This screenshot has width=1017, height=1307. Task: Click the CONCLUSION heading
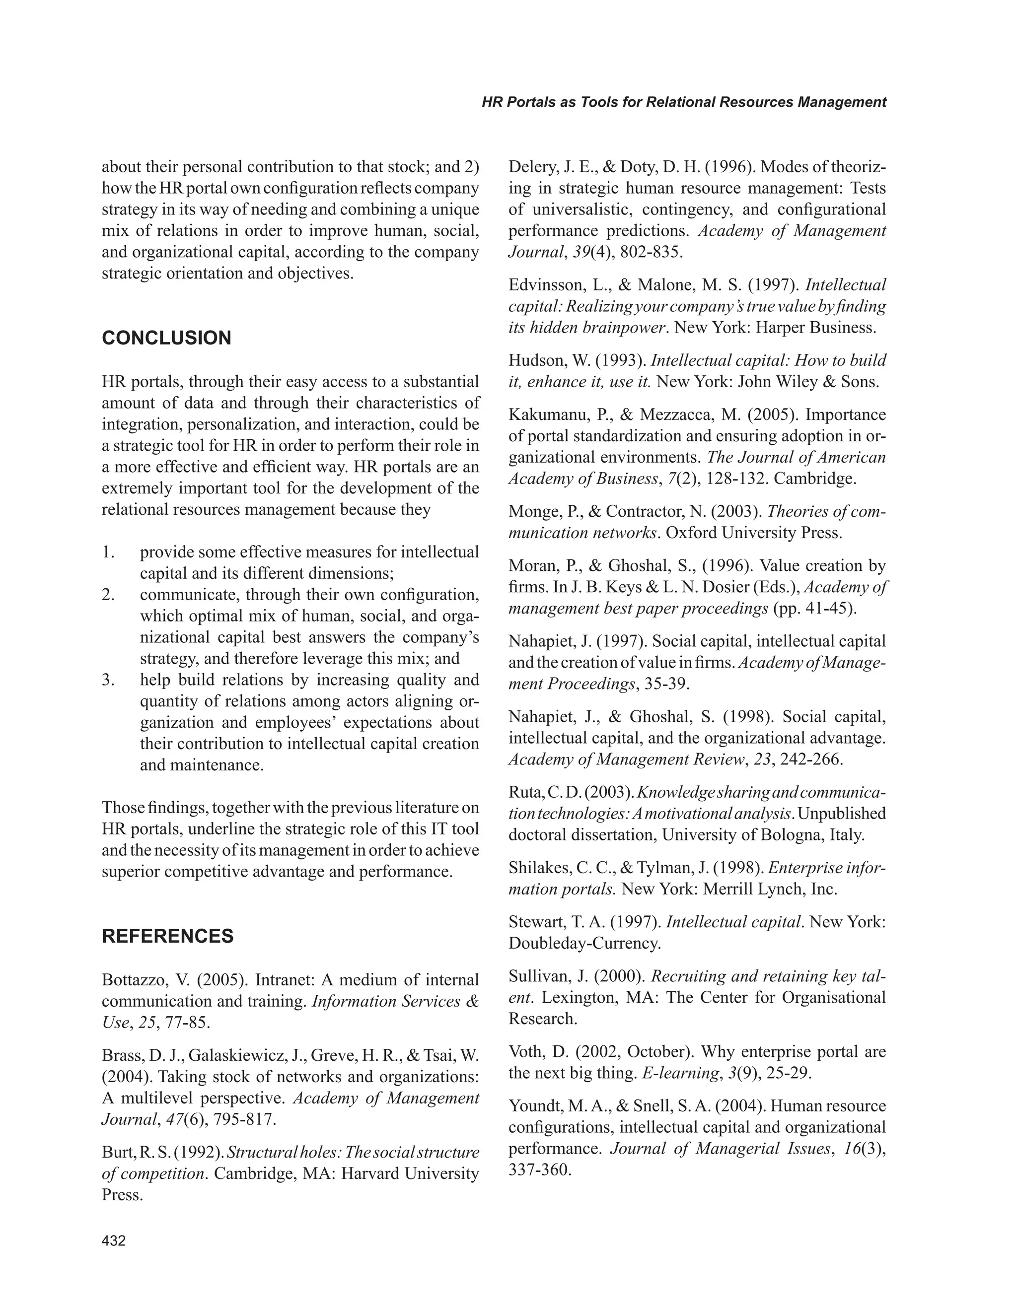point(166,338)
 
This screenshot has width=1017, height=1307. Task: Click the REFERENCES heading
point(168,936)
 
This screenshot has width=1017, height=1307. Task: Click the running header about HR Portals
point(684,102)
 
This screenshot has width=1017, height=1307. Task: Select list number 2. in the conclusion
point(108,595)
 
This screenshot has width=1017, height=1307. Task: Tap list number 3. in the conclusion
point(108,680)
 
